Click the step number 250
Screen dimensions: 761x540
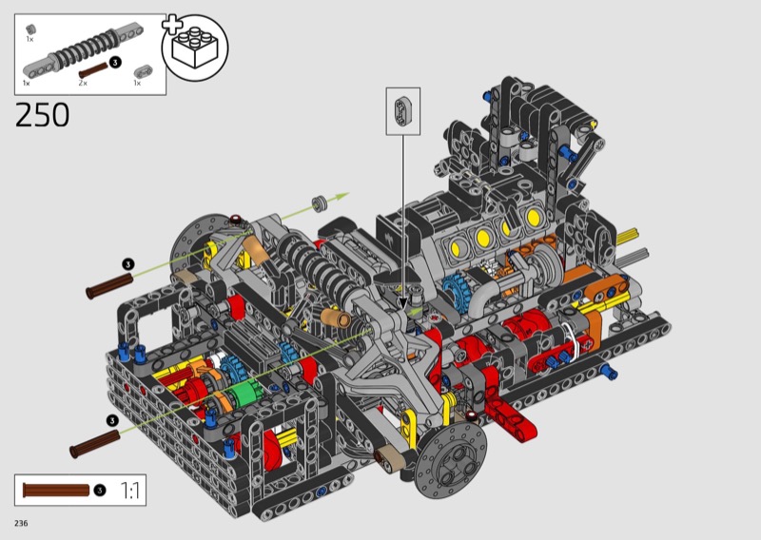pos(42,115)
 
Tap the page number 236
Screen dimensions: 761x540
pos(21,523)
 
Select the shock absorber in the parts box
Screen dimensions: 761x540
pos(83,49)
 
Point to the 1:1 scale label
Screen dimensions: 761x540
pos(129,491)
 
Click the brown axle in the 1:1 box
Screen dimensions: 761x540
pos(56,490)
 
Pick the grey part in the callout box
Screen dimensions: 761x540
pos(402,111)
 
